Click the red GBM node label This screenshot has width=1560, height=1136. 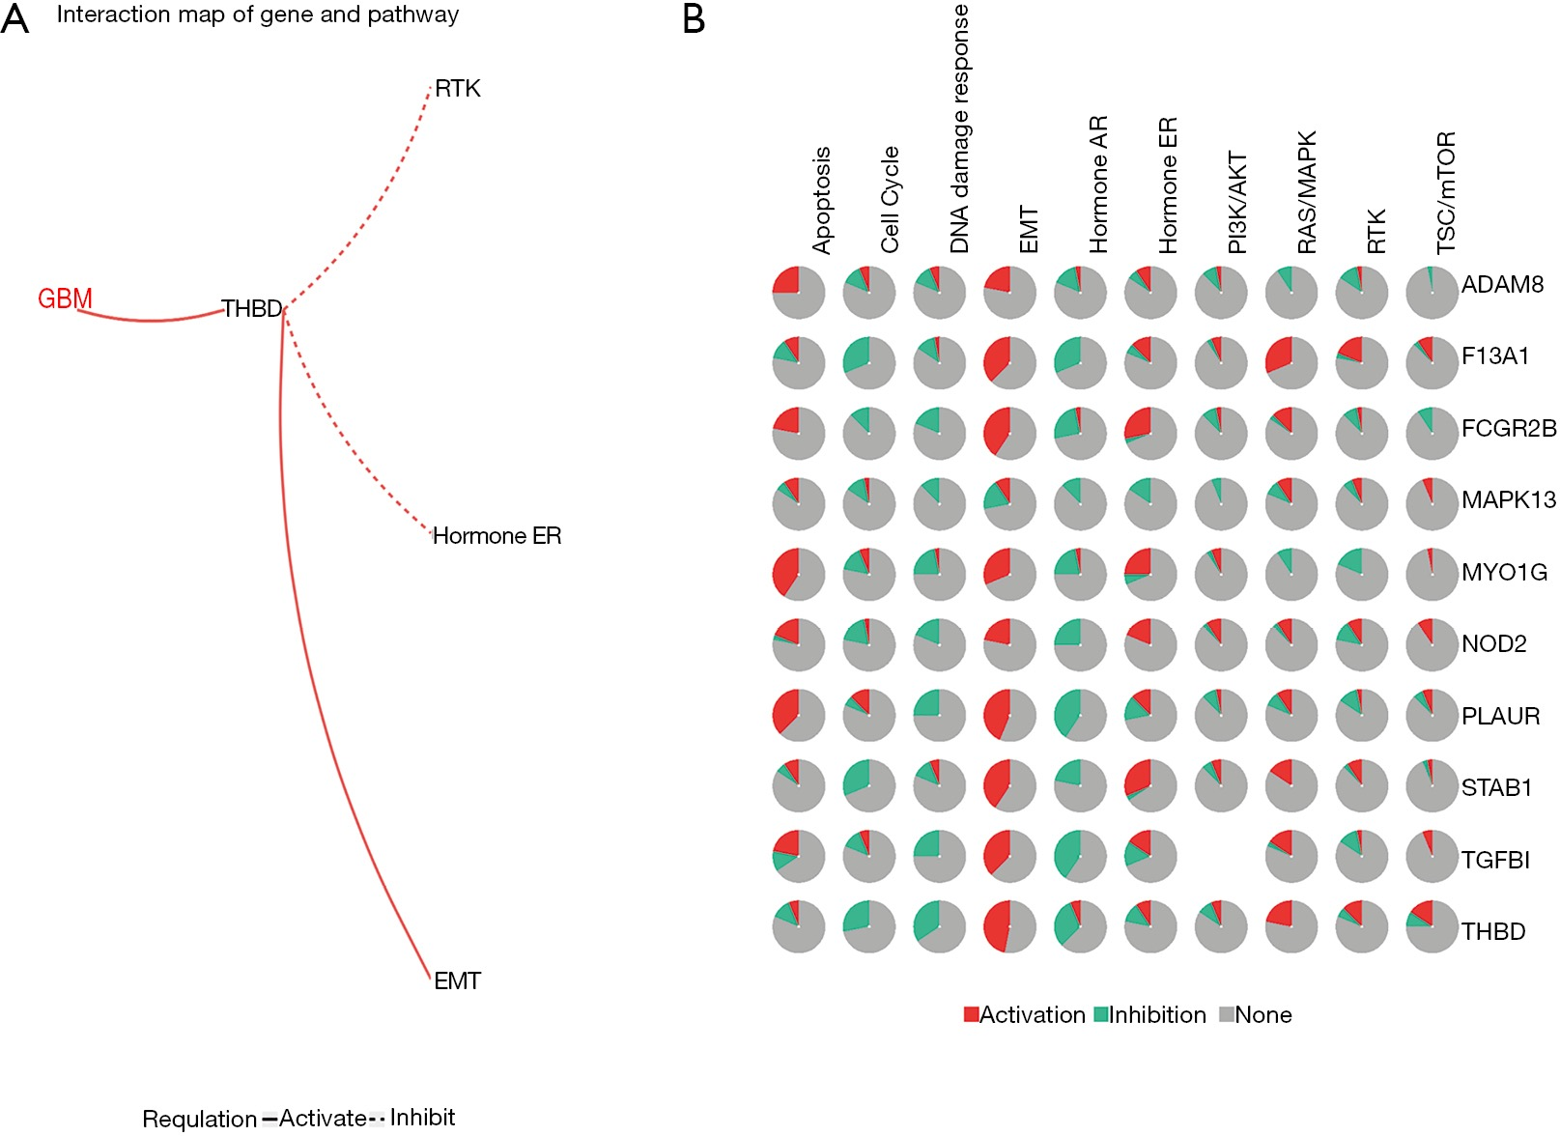click(65, 298)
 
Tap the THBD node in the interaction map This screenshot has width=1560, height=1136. click(252, 308)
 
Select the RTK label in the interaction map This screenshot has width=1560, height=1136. click(458, 89)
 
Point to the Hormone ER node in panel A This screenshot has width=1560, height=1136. click(497, 535)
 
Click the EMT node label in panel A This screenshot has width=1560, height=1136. click(458, 980)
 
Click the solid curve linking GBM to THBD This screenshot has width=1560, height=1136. click(150, 320)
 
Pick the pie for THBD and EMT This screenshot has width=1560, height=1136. click(1009, 926)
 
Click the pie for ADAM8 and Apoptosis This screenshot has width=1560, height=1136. click(799, 293)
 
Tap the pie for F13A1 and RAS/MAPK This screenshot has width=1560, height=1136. click(1291, 363)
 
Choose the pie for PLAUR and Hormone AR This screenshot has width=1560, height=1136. click(1080, 715)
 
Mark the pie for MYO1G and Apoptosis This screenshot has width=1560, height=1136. click(799, 575)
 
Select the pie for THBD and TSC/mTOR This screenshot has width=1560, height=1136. click(1432, 926)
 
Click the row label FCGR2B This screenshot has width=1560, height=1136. click(1509, 428)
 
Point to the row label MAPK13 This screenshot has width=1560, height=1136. click(1509, 499)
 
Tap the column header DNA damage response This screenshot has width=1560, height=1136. click(959, 128)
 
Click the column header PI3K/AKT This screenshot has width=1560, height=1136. click(1237, 202)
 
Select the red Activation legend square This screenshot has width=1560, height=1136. click(972, 1014)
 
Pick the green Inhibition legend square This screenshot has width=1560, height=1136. click(1101, 1014)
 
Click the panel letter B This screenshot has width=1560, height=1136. click(694, 18)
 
